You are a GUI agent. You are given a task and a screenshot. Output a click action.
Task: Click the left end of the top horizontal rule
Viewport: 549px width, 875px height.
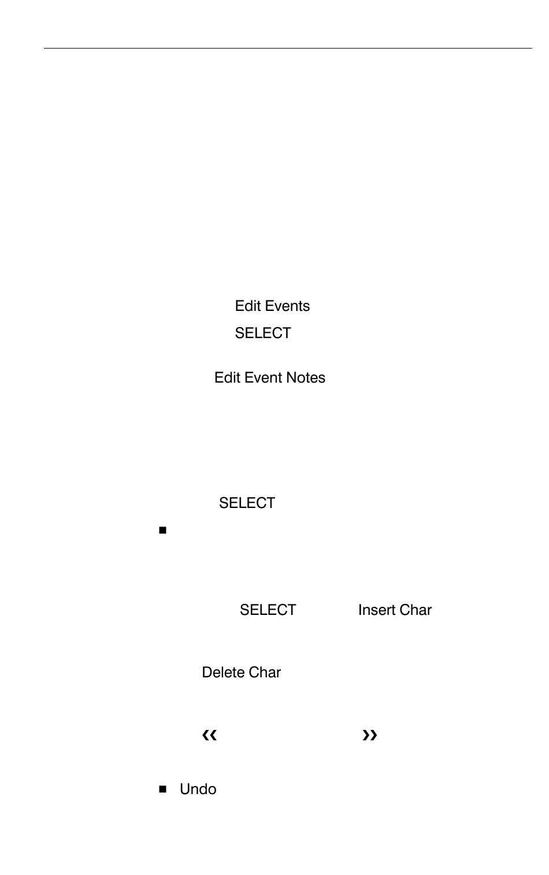pos(45,48)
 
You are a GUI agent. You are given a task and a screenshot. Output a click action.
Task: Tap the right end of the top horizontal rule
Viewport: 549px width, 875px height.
pos(531,48)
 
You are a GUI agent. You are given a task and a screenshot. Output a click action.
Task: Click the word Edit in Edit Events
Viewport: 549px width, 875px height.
pos(247,306)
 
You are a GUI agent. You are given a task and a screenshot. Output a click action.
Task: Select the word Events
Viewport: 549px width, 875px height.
pos(287,306)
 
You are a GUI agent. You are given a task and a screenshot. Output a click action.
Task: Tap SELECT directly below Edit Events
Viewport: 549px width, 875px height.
pos(263,333)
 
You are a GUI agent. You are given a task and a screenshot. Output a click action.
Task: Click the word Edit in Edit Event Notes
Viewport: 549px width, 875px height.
pos(227,377)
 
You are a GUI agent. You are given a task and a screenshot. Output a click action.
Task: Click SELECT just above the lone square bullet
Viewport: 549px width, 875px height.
pos(247,503)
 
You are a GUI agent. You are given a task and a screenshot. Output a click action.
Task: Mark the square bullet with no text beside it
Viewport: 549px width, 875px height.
pos(162,530)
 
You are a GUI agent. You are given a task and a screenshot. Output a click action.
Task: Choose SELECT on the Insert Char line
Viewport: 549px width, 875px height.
pos(268,610)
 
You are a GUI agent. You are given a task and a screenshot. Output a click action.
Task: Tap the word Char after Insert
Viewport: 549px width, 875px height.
pos(416,610)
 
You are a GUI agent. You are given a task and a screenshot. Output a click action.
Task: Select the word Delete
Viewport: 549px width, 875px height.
pos(223,672)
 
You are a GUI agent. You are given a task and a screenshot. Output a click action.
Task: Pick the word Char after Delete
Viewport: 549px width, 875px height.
pos(265,672)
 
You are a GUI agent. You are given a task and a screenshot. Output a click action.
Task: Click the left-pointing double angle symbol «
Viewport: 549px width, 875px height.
pos(209,735)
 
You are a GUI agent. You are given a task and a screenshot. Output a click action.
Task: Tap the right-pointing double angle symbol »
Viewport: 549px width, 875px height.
pos(369,735)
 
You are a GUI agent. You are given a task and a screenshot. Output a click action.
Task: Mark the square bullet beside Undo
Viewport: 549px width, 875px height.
pos(162,789)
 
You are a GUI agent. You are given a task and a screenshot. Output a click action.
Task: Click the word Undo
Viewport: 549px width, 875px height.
pos(198,789)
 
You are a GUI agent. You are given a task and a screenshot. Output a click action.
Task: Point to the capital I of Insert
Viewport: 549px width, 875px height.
pos(360,610)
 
